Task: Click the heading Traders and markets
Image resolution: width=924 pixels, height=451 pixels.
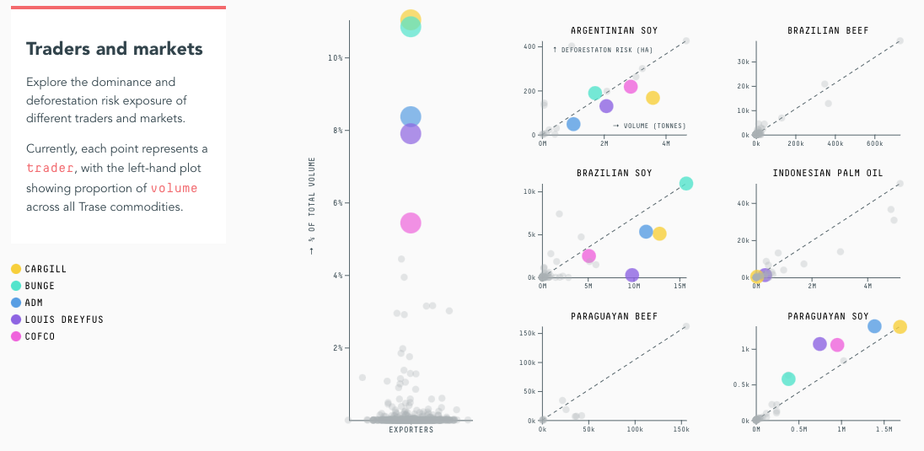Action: [x=115, y=49]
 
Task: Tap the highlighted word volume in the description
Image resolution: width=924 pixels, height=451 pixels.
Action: [x=175, y=187]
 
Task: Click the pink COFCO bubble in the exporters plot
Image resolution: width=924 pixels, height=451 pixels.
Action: [x=411, y=223]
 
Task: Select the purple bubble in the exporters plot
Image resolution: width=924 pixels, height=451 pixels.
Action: [x=411, y=133]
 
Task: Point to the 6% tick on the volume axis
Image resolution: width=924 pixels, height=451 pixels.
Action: [x=336, y=203]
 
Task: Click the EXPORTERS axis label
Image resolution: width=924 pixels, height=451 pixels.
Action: [x=411, y=430]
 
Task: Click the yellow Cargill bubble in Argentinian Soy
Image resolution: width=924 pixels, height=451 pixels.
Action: [x=653, y=98]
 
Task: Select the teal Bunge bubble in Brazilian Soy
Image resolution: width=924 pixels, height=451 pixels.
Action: [x=686, y=184]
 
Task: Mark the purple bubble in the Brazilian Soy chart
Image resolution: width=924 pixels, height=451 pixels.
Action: [x=632, y=275]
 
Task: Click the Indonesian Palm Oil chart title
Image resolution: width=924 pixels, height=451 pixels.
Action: [x=828, y=174]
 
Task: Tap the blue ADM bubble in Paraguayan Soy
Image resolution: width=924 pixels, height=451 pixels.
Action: [x=874, y=326]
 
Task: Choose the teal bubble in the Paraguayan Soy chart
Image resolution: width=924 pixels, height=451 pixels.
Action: [x=788, y=379]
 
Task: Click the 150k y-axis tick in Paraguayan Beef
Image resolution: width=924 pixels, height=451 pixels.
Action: [x=527, y=334]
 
